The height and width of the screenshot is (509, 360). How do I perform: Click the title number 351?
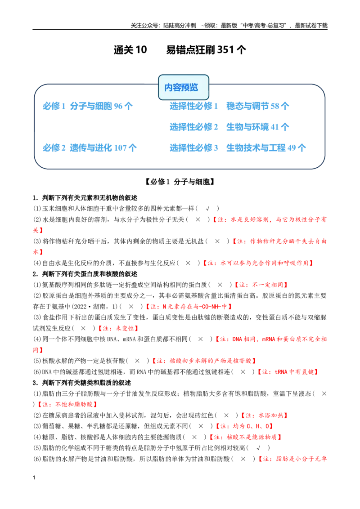tap(225, 49)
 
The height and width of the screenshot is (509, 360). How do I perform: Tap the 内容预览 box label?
tap(181, 87)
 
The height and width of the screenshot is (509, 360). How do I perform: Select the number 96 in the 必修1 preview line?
tap(118, 106)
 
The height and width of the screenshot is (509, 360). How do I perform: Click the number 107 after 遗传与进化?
tap(120, 148)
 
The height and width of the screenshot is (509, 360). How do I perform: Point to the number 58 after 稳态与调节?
tap(275, 106)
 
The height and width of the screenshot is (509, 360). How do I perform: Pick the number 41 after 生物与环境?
tap(275, 127)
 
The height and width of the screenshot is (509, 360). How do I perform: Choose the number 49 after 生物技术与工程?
tap(292, 148)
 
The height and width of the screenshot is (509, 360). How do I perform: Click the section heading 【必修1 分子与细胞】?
tap(180, 182)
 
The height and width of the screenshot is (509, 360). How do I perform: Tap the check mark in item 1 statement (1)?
tap(207, 208)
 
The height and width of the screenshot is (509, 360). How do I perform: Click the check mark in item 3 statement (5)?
tap(258, 448)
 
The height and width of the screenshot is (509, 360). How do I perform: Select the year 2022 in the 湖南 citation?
tap(80, 307)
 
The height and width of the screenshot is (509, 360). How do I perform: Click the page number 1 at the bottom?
tap(34, 478)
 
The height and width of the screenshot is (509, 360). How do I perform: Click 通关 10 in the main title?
tap(130, 49)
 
